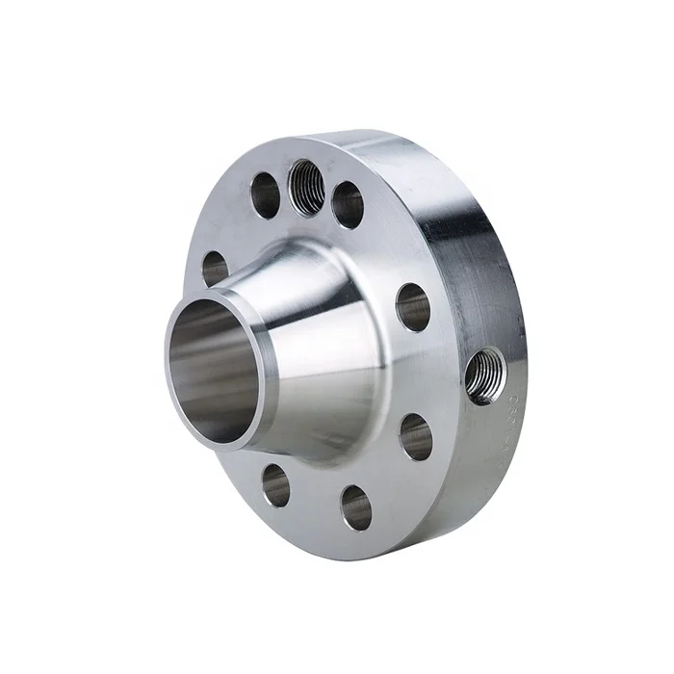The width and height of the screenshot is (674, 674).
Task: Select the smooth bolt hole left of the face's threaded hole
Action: tap(265, 194)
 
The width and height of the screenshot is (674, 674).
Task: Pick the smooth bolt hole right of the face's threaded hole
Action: tap(348, 204)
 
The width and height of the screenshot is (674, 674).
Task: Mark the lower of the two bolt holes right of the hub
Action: tap(416, 436)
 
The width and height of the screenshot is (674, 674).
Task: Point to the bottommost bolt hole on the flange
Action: tap(356, 506)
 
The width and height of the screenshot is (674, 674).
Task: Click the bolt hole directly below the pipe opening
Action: tap(275, 484)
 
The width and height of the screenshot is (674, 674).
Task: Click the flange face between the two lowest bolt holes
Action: tap(315, 501)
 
